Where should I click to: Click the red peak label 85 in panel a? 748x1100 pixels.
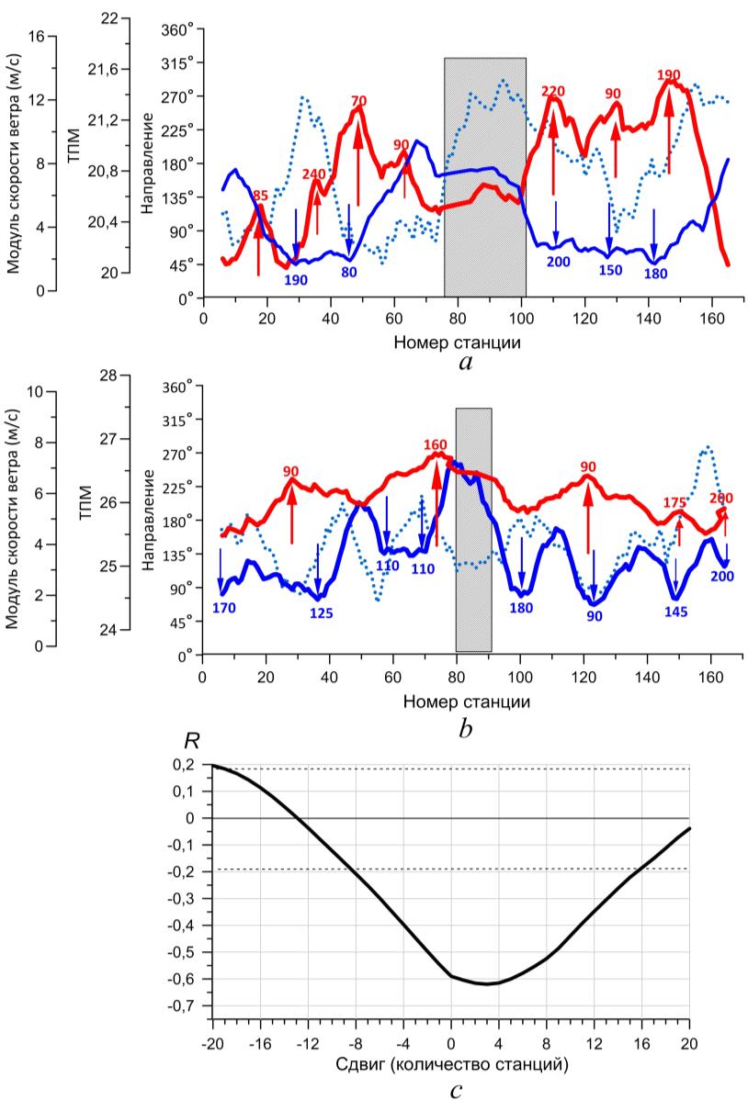click(260, 195)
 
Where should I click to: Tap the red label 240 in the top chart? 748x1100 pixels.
click(313, 173)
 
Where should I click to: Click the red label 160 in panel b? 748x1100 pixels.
click(436, 444)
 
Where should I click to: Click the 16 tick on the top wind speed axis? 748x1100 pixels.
click(37, 37)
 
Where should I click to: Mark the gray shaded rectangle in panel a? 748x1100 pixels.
click(484, 177)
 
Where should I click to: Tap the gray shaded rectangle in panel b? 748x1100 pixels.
click(473, 530)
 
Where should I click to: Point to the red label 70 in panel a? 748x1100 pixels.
click(358, 100)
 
